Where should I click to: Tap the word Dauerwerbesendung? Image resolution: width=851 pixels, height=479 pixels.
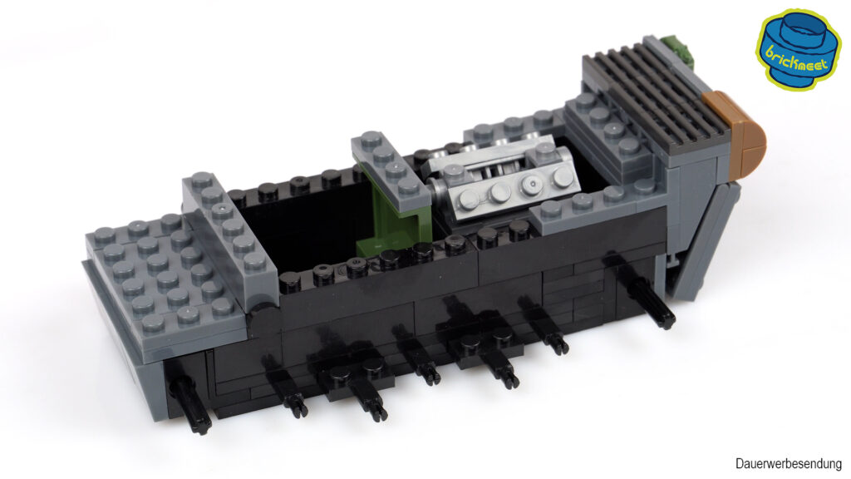[788, 464]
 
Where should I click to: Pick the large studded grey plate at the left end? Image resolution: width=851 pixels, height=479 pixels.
[163, 272]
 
